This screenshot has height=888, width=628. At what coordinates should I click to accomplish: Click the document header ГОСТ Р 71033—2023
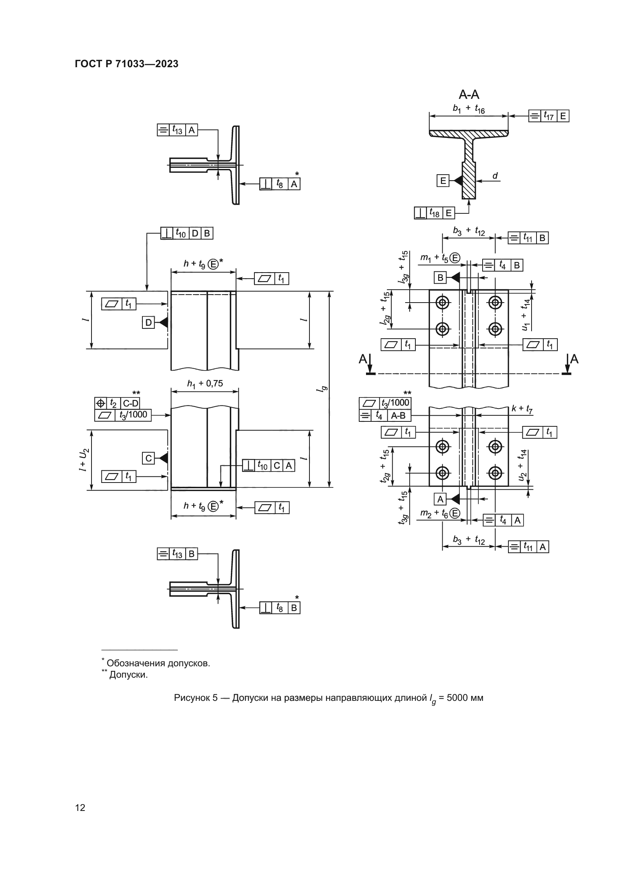tap(126, 64)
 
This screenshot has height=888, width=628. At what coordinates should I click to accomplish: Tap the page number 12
tap(80, 808)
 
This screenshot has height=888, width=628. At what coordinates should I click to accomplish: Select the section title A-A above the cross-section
tap(469, 94)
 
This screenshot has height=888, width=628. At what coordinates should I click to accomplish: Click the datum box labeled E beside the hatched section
tap(443, 181)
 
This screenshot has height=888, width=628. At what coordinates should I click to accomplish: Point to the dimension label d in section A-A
tap(495, 176)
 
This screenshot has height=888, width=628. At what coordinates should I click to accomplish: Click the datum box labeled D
tap(148, 323)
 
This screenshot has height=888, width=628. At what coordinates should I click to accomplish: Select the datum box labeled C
tap(148, 458)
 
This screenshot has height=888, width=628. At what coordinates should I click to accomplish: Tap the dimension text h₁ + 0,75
tap(205, 384)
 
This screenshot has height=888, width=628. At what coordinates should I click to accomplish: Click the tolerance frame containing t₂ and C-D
tap(117, 404)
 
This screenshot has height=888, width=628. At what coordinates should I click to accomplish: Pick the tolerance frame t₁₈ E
tap(435, 213)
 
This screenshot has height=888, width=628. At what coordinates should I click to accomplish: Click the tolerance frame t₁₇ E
tap(549, 116)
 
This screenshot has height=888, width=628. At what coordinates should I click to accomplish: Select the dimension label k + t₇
tap(522, 409)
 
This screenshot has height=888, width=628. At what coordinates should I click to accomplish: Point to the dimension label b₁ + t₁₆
tap(469, 109)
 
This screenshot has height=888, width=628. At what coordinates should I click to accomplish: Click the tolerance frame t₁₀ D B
tap(187, 233)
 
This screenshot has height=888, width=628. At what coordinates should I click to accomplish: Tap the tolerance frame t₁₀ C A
tap(268, 466)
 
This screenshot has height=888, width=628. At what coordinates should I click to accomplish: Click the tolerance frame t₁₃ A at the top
tap(177, 130)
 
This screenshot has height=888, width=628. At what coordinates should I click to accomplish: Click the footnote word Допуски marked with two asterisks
tap(128, 675)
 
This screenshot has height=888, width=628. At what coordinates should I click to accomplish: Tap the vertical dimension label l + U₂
tap(84, 460)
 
